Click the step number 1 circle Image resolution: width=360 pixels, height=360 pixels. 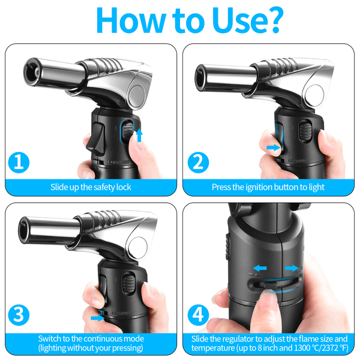click(19, 163)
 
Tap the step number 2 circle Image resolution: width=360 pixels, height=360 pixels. click(198, 163)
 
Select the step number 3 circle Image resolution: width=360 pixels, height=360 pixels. click(19, 315)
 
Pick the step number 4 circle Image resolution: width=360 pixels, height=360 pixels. click(198, 315)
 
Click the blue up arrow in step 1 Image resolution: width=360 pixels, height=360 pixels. click(139, 135)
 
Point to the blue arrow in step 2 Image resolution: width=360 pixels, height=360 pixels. click(274, 148)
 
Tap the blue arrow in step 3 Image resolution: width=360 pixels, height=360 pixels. click(98, 318)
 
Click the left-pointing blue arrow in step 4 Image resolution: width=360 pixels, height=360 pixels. click(260, 268)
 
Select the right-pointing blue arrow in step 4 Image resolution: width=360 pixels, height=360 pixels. click(292, 268)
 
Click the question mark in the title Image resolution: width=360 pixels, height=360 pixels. click(273, 20)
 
